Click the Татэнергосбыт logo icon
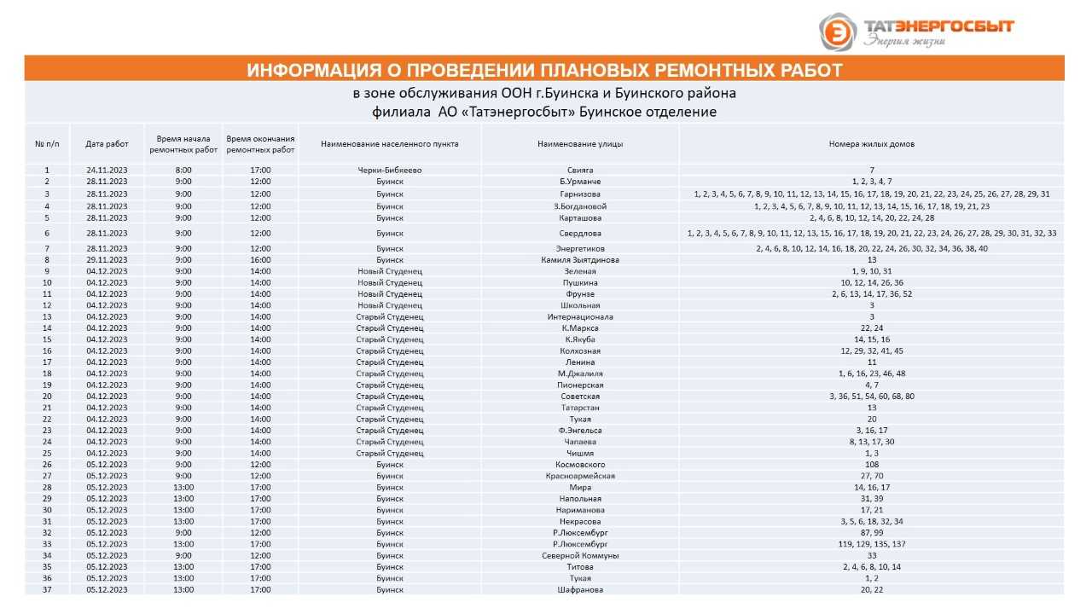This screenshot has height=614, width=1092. [837, 32]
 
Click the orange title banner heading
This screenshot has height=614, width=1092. [544, 70]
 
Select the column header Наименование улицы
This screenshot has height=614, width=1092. [580, 144]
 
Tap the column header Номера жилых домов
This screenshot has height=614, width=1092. [871, 144]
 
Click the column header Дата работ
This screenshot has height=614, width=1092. [107, 144]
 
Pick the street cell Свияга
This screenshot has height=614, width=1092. [580, 171]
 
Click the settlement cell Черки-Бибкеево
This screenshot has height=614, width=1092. [390, 171]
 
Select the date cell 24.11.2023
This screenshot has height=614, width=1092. [107, 171]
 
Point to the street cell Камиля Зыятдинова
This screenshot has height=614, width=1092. [580, 260]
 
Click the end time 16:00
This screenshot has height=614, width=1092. [261, 260]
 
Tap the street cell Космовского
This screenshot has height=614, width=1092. [580, 465]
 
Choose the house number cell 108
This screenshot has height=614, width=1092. [871, 465]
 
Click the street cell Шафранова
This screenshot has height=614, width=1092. [580, 589]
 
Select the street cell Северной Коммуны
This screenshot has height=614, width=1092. [580, 555]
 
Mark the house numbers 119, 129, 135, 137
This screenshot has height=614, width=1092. [871, 544]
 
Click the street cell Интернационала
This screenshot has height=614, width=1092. [580, 317]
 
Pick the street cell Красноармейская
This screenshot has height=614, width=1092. [580, 476]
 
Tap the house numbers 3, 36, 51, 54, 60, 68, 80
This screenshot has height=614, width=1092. [871, 397]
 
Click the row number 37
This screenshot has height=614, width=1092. [47, 589]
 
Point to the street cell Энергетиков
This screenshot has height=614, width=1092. [580, 249]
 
